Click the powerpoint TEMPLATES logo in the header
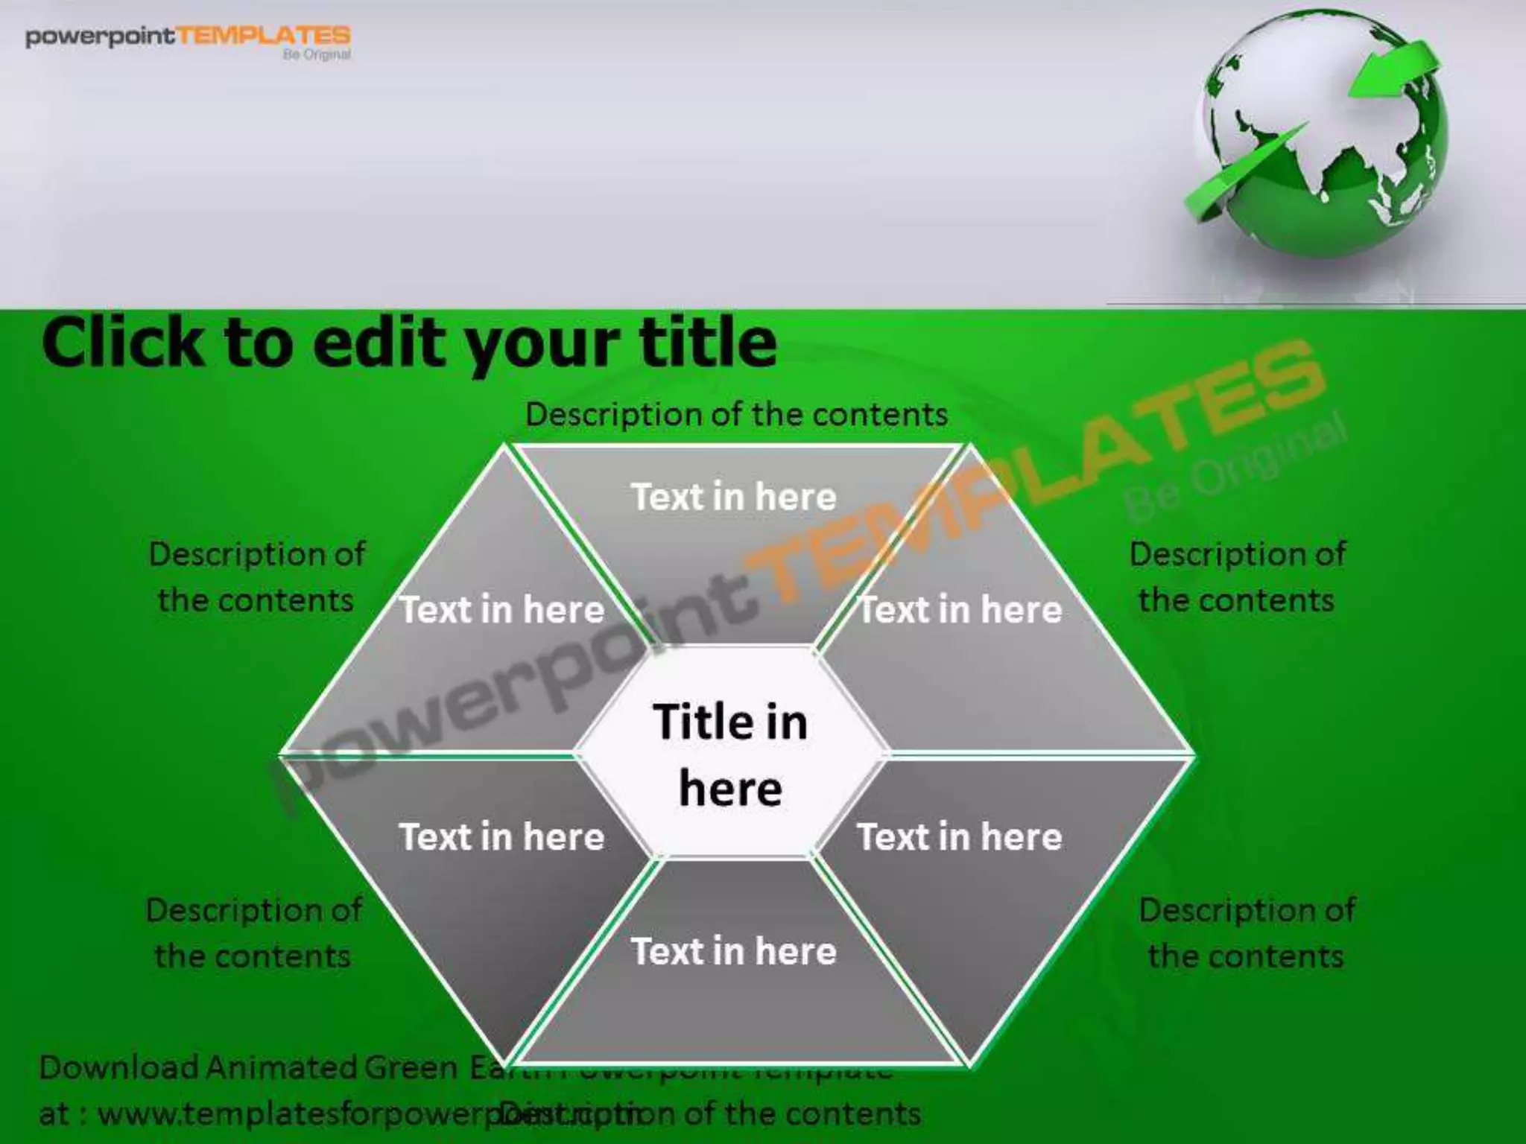pyautogui.click(x=188, y=37)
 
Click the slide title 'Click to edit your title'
pyautogui.click(x=409, y=343)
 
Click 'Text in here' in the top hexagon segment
pyautogui.click(x=734, y=497)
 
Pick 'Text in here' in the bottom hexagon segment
pyautogui.click(x=734, y=951)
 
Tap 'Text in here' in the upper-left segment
pyautogui.click(x=502, y=610)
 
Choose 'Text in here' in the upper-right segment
pyautogui.click(x=960, y=610)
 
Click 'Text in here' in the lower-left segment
pyautogui.click(x=501, y=836)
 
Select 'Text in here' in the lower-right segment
pyautogui.click(x=960, y=836)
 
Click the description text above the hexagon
pyautogui.click(x=736, y=414)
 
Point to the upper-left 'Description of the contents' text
pyautogui.click(x=256, y=577)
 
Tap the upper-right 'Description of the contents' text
pyautogui.click(x=1237, y=577)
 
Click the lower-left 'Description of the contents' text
pyautogui.click(x=254, y=933)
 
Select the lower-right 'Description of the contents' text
pyautogui.click(x=1247, y=933)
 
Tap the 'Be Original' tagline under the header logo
pyautogui.click(x=317, y=54)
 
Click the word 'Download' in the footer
pyautogui.click(x=118, y=1067)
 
